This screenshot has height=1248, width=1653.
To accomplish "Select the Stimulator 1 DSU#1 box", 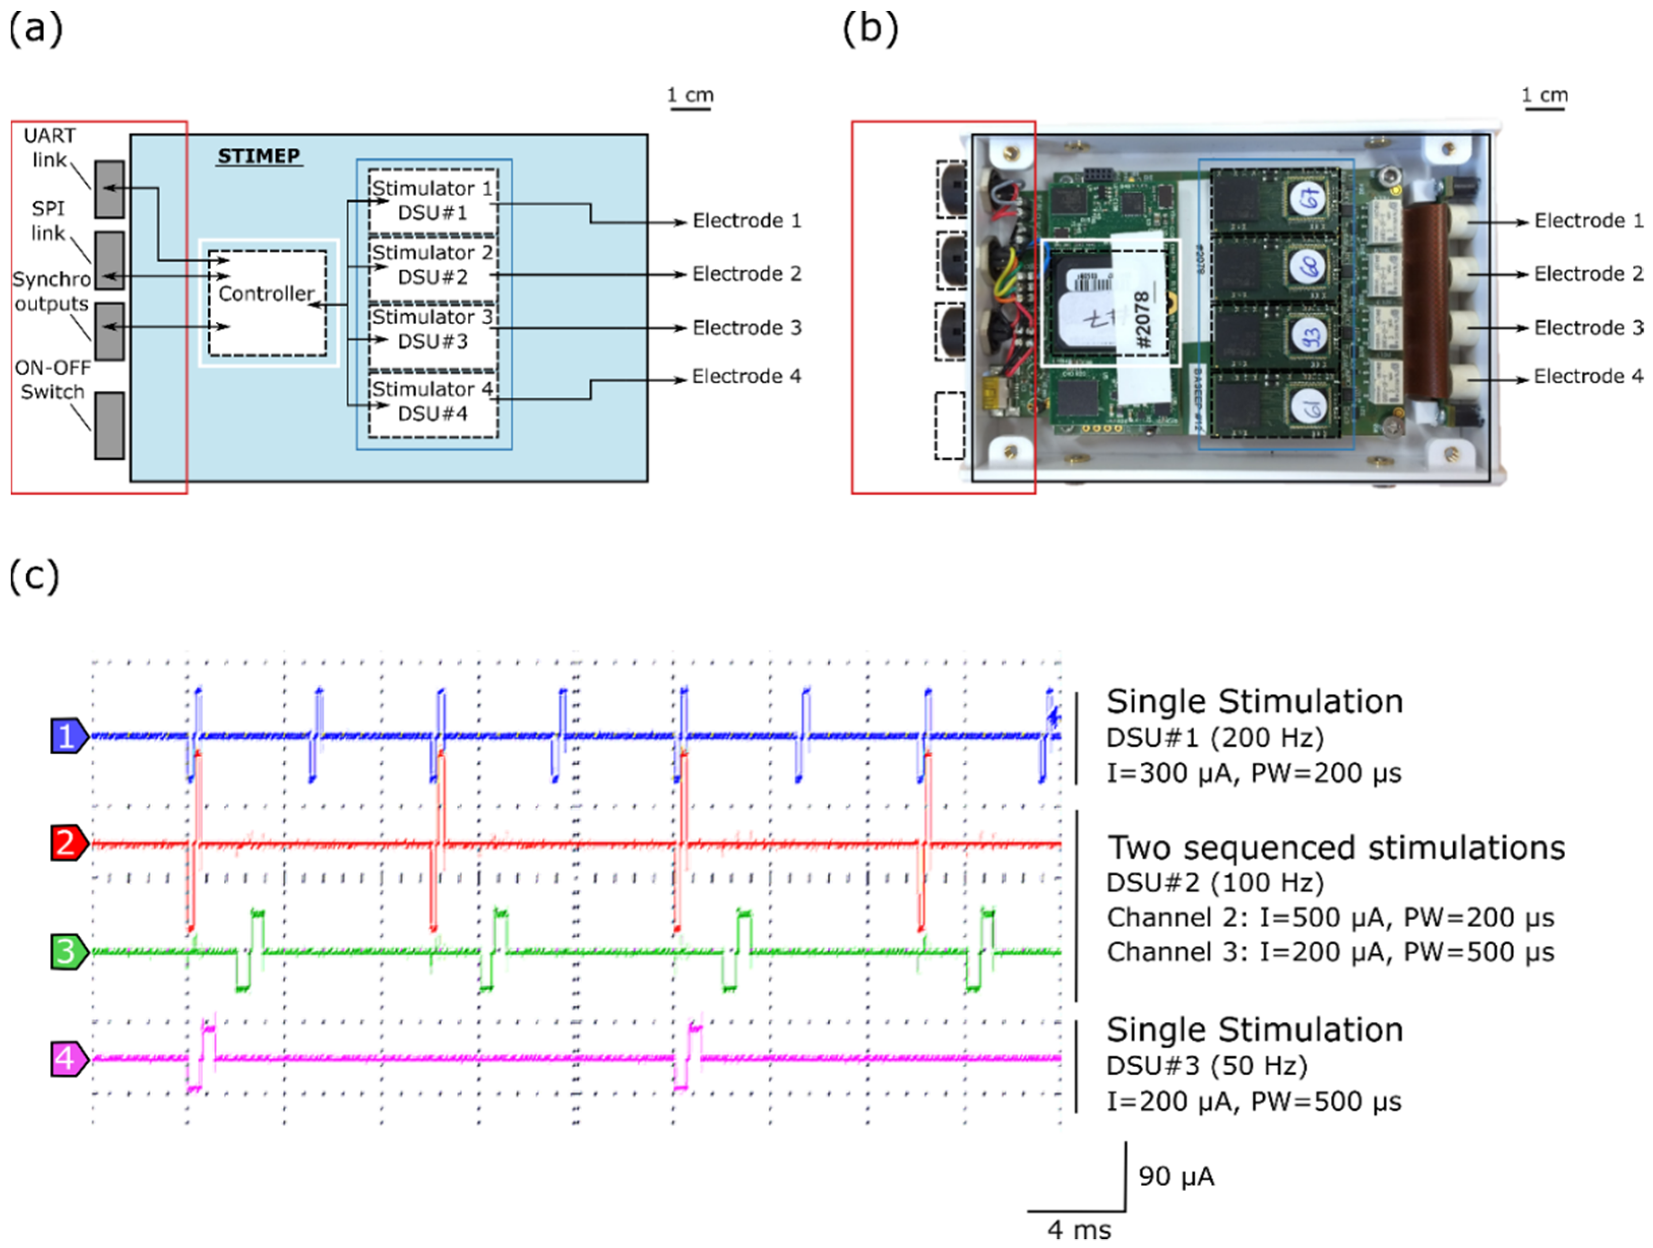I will click(432, 200).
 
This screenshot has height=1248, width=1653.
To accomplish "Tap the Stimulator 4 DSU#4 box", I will click(432, 401).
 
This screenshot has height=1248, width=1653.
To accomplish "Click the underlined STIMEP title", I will click(259, 156).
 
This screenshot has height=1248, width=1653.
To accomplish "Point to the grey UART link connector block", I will click(109, 189).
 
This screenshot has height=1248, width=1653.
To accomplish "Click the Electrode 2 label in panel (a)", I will click(746, 274).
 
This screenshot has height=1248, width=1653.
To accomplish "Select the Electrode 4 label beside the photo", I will click(1588, 377).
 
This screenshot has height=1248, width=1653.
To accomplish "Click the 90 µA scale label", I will click(1175, 1177).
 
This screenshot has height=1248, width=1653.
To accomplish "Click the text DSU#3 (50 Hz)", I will click(1206, 1066).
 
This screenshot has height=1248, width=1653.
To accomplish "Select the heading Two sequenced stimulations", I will click(1335, 848).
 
